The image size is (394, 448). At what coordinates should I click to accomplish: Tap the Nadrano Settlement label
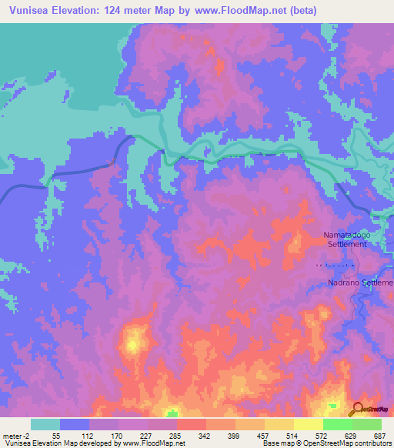pyautogui.click(x=360, y=283)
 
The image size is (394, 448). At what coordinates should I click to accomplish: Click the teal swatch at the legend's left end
pyautogui.click(x=45, y=424)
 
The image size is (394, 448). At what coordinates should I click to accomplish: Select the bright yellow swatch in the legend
pyautogui.click(x=308, y=424)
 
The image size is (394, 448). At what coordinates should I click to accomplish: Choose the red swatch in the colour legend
pyautogui.click(x=191, y=424)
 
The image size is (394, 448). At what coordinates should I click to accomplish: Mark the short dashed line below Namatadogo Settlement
pyautogui.click(x=337, y=266)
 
